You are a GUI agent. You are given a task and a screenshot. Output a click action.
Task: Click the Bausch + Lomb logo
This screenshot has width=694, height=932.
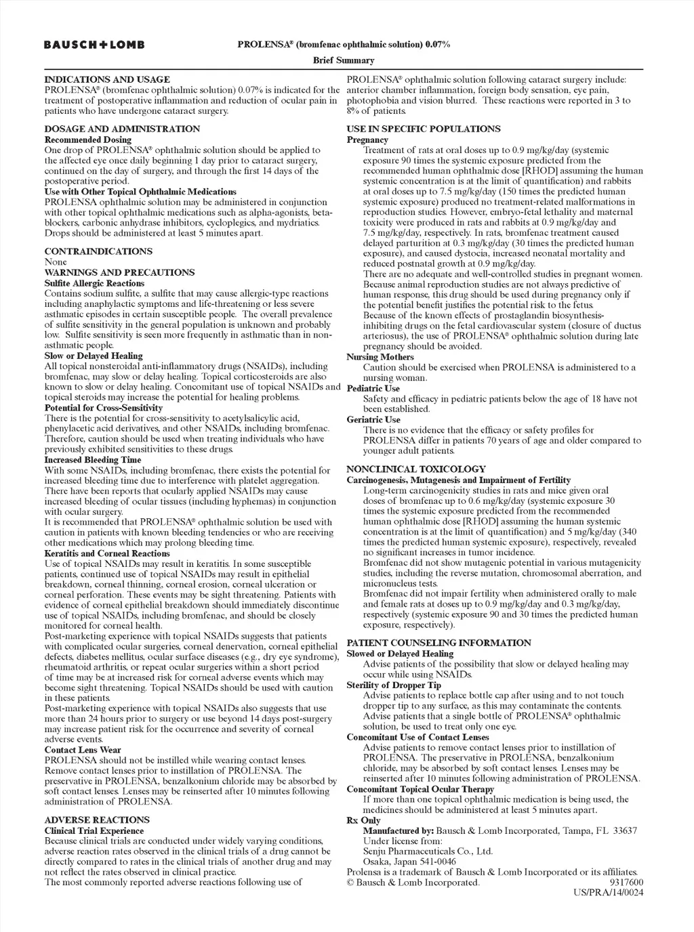(94, 45)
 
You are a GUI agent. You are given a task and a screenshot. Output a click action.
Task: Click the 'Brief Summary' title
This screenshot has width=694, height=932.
(344, 60)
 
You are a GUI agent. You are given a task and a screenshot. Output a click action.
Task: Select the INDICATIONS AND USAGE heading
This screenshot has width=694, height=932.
(107, 79)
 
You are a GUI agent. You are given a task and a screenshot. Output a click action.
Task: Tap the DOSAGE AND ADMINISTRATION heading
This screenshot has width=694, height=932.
(122, 129)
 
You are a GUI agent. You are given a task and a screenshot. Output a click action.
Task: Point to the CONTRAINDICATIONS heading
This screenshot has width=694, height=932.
(98, 251)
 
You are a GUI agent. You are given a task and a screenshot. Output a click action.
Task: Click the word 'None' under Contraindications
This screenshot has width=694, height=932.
(56, 262)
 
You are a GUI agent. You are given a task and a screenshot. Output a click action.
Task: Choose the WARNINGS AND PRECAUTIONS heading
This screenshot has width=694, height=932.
(119, 272)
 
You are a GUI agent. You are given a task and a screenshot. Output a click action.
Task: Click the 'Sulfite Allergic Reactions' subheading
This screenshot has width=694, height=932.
(94, 283)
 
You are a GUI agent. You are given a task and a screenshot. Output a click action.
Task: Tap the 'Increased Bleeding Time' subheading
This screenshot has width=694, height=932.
(93, 460)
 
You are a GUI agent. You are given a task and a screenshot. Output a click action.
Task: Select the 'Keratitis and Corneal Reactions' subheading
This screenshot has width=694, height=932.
(107, 553)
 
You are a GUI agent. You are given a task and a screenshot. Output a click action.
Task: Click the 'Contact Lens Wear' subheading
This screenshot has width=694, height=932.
(83, 750)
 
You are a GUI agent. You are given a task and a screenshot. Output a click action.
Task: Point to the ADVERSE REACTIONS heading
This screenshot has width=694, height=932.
(97, 820)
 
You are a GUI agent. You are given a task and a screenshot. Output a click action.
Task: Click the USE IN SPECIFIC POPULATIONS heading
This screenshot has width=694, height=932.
(424, 129)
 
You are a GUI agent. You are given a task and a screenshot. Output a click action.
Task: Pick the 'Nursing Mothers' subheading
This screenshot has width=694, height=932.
(380, 357)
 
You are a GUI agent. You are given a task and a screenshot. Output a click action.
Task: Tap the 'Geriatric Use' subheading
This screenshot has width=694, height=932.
(373, 419)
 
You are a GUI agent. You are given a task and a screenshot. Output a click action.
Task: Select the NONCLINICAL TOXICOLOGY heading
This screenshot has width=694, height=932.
(416, 469)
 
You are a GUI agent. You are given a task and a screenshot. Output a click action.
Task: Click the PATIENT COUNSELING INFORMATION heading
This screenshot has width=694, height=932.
(438, 643)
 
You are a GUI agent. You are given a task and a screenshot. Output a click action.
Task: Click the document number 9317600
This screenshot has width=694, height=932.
(626, 883)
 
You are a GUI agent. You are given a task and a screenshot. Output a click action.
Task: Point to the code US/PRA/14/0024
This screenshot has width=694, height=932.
(608, 893)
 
